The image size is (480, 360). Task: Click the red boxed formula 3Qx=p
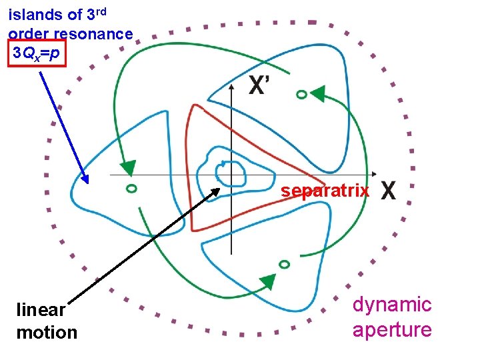point(37,52)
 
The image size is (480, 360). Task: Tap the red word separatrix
point(325,191)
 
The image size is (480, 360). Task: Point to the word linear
point(41,310)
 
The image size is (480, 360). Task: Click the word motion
point(47,332)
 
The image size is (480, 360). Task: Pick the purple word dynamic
point(392,305)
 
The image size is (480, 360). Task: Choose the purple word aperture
point(392,329)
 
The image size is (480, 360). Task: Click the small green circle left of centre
point(131,189)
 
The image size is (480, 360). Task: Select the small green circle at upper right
point(301,95)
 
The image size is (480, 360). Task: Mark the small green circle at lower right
point(284,264)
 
